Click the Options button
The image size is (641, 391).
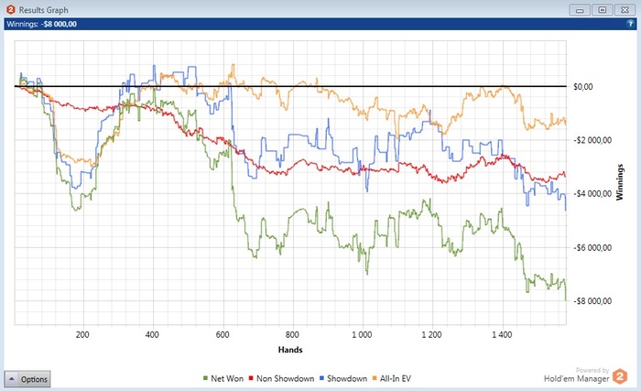coord(27,379)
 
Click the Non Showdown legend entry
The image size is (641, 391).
coord(285,378)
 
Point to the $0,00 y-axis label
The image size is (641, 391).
coord(583,87)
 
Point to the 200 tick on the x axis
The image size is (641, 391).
coord(82,335)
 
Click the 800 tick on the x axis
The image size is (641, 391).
coord(293,335)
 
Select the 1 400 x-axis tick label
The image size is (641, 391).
coord(503,335)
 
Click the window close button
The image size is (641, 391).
coord(625,10)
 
